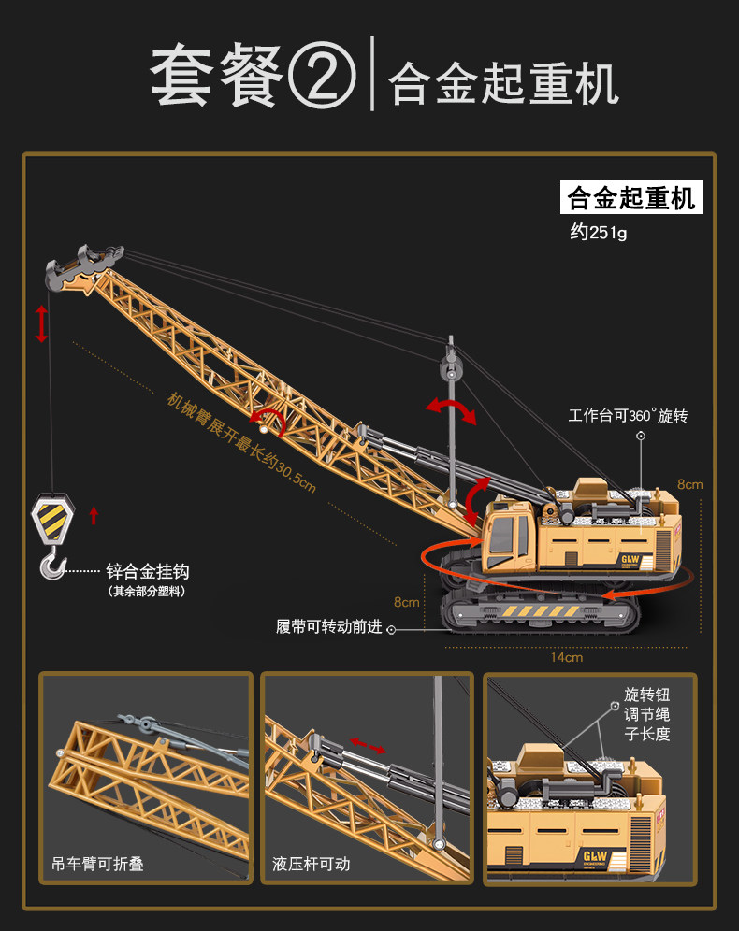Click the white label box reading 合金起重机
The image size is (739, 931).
[631, 198]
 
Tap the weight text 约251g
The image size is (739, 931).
[599, 233]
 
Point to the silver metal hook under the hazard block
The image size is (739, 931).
[53, 564]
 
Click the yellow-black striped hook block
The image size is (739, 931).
[52, 519]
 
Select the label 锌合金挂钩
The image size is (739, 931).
[147, 571]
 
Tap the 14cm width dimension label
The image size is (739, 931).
[566, 657]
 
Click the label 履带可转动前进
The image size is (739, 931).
[329, 627]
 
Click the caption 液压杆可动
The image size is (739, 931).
[312, 864]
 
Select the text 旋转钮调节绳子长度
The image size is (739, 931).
[647, 714]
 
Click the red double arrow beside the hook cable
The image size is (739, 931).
[41, 322]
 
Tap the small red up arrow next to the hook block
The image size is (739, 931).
[93, 514]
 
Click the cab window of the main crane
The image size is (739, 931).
[501, 537]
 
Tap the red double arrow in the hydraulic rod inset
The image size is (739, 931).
[368, 745]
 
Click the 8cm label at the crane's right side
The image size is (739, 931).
[689, 484]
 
